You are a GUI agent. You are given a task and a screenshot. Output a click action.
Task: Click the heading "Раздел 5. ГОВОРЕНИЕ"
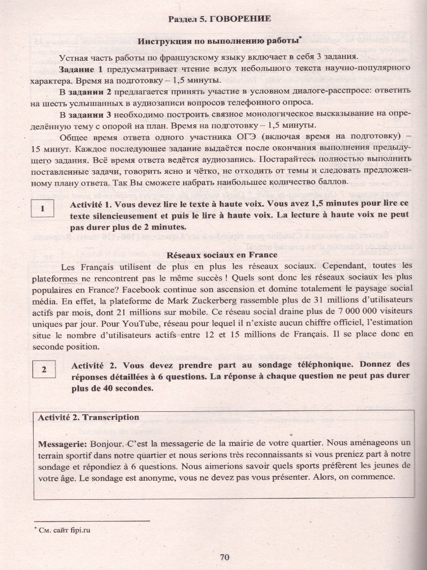[220, 19]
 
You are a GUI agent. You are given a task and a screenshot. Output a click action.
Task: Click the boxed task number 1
[43, 209]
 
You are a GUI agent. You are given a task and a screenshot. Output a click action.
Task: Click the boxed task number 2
[43, 370]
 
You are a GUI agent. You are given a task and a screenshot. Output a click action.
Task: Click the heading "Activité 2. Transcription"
[88, 417]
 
